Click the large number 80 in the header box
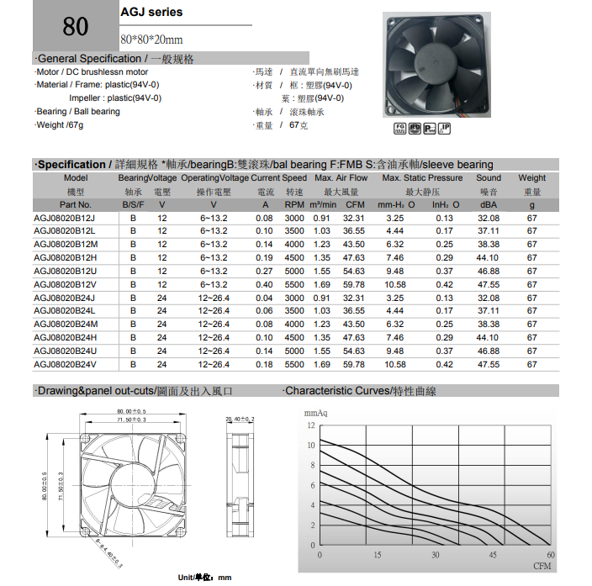tap(75, 26)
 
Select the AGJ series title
tap(151, 13)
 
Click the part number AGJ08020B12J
tap(64, 219)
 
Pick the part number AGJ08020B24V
tap(64, 365)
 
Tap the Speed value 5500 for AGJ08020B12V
tap(294, 285)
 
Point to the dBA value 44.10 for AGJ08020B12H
tap(487, 258)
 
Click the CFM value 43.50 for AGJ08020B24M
tap(354, 325)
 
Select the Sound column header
tap(489, 178)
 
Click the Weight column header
tap(532, 178)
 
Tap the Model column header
tap(76, 178)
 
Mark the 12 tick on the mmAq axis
tap(311, 425)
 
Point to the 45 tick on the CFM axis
tap(493, 555)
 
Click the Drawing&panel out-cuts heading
tap(134, 392)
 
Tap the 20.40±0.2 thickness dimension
tap(240, 418)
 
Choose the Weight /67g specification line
tap(60, 125)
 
